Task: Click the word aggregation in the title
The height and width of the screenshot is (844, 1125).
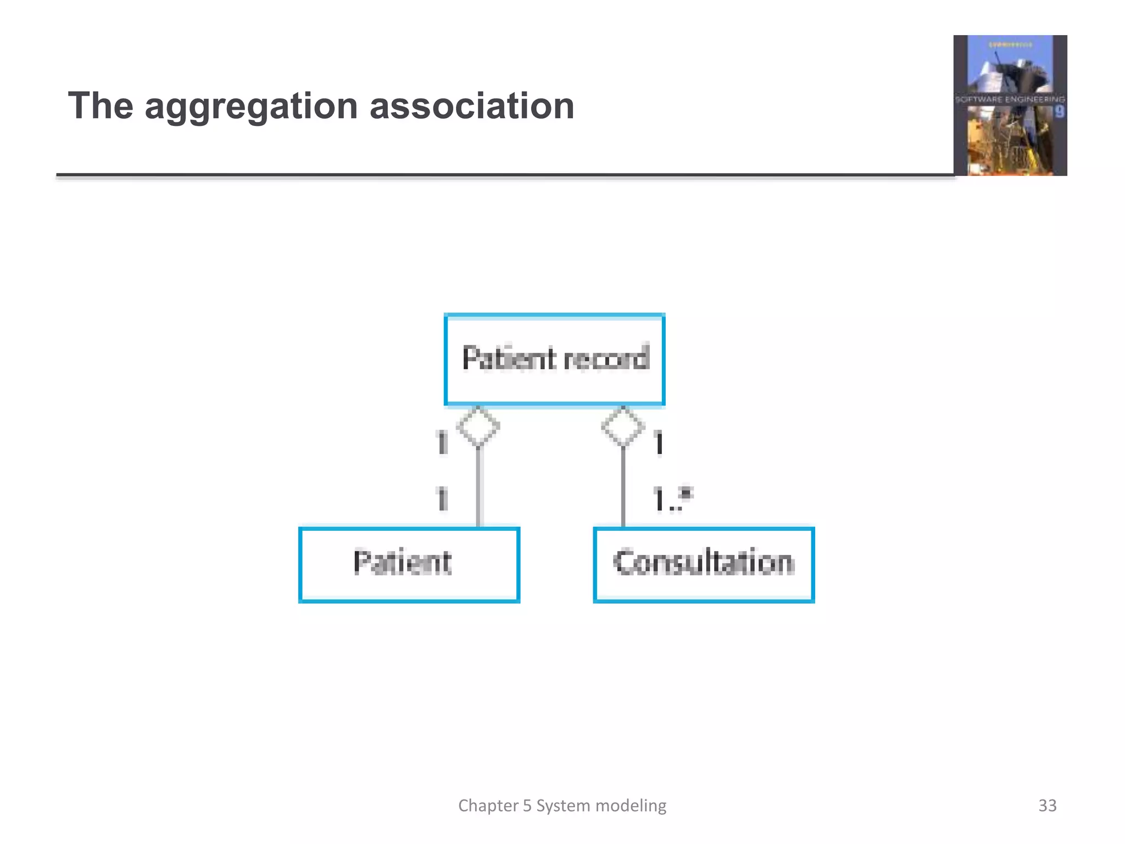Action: click(x=251, y=106)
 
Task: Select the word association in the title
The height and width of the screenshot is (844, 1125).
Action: click(x=472, y=106)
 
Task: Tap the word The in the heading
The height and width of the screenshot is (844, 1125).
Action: click(x=101, y=106)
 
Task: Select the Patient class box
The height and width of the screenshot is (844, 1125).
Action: click(x=409, y=565)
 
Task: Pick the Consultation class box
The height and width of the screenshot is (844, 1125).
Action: click(x=704, y=565)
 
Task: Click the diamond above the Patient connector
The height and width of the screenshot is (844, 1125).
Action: click(x=478, y=426)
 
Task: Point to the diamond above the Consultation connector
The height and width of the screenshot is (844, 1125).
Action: click(x=623, y=426)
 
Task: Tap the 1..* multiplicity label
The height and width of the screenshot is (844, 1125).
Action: click(x=672, y=499)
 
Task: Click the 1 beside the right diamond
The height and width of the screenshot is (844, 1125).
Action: click(x=659, y=443)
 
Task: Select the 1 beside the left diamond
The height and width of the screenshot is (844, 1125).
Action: click(x=442, y=443)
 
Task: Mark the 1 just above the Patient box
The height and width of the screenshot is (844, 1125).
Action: click(x=442, y=499)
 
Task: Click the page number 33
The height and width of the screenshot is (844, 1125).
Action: click(x=1047, y=806)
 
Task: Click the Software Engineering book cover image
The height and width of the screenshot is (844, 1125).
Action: click(x=1010, y=105)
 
